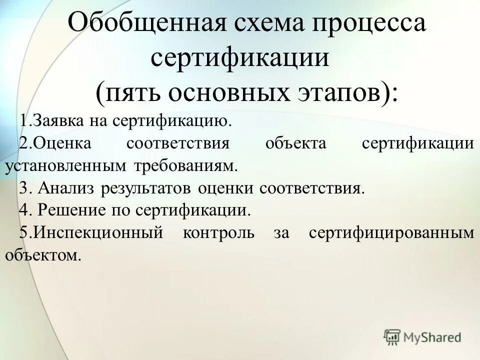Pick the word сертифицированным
coord(391,233)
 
